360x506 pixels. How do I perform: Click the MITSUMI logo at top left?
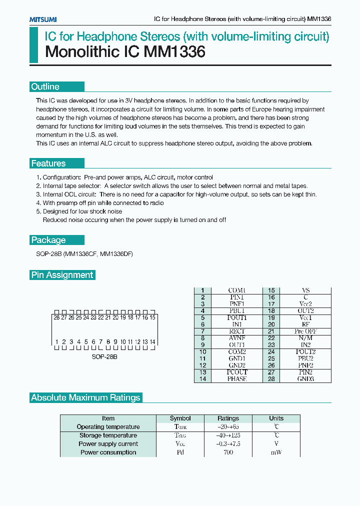[42, 19]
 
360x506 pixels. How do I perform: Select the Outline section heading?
[45, 87]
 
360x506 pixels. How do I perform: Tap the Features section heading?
[48, 163]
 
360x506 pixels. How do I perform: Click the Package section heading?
[48, 240]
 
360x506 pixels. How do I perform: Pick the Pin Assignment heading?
[62, 275]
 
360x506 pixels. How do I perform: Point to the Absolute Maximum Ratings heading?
[85, 398]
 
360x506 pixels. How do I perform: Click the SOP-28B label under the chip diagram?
[104, 357]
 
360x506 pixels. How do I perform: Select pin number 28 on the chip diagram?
[56, 317]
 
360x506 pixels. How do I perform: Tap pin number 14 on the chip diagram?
[152, 342]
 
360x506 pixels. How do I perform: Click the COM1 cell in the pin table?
[237, 290]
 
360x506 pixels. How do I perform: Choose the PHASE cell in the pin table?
[237, 379]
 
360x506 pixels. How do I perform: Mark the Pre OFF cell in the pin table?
[305, 331]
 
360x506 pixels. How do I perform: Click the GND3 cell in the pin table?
[305, 379]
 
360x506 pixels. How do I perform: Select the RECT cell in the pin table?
[237, 331]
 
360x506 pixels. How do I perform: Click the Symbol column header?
[180, 418]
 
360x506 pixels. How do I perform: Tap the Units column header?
[276, 418]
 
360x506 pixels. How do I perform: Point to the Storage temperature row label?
[108, 435]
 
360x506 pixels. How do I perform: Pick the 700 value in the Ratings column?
[228, 452]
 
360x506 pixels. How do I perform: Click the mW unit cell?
[276, 452]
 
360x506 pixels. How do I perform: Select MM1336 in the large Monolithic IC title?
[174, 52]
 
